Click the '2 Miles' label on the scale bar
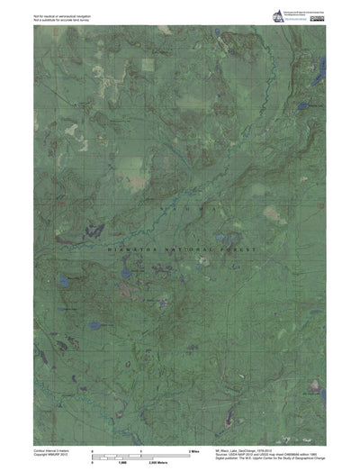193,448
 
